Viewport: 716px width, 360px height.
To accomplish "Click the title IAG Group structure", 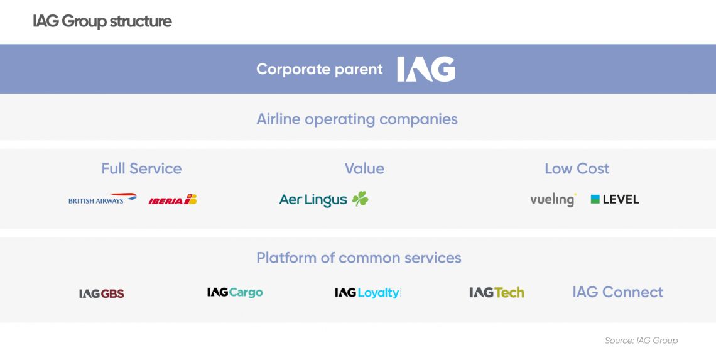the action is pos(102,21).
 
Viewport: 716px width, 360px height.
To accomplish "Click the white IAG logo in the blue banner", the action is pos(426,69).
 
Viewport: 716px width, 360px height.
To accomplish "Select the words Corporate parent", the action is pos(320,70).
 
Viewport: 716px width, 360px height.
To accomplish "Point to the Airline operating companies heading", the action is pos(357,119).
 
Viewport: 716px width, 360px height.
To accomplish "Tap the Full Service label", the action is pos(141,168).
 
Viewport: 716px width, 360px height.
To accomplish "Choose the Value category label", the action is pos(364,168).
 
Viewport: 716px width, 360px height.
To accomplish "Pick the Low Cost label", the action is pos(577,168).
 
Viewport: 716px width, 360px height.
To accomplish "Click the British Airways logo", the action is pos(103,199).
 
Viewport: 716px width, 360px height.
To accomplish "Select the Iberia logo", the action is pos(173,200).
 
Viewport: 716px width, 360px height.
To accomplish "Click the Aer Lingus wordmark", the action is pos(313,200).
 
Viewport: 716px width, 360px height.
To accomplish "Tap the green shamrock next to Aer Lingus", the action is pos(360,199).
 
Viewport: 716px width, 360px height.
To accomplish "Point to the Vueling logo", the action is pos(553,200).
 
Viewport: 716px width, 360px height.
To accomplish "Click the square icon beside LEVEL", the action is pos(595,199).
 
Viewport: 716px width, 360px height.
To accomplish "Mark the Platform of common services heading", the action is pos(359,258).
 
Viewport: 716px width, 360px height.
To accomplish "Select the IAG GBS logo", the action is pos(101,293).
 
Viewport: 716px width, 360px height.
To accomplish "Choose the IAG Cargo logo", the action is pos(235,292).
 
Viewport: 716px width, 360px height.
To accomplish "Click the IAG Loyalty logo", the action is pos(367,293).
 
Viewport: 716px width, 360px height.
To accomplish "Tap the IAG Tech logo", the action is pos(497,292).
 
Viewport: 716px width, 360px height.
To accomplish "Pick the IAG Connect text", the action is pos(618,292).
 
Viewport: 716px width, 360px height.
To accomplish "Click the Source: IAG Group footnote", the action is pos(641,341).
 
